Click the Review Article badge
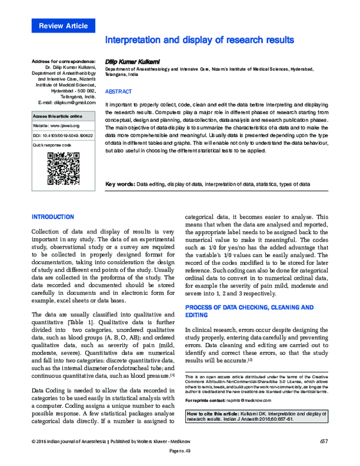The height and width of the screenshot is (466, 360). click(63, 26)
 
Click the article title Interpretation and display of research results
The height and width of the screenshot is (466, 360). click(199, 40)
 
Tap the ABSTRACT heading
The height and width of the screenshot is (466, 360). click(118, 92)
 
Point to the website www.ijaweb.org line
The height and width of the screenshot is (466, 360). click(56, 125)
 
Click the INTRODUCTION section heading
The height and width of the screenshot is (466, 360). click(53, 216)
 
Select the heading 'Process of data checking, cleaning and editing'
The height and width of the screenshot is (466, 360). click(249, 311)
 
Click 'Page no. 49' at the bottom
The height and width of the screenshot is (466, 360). click(180, 458)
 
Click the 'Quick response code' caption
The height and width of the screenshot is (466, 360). click(52, 145)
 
